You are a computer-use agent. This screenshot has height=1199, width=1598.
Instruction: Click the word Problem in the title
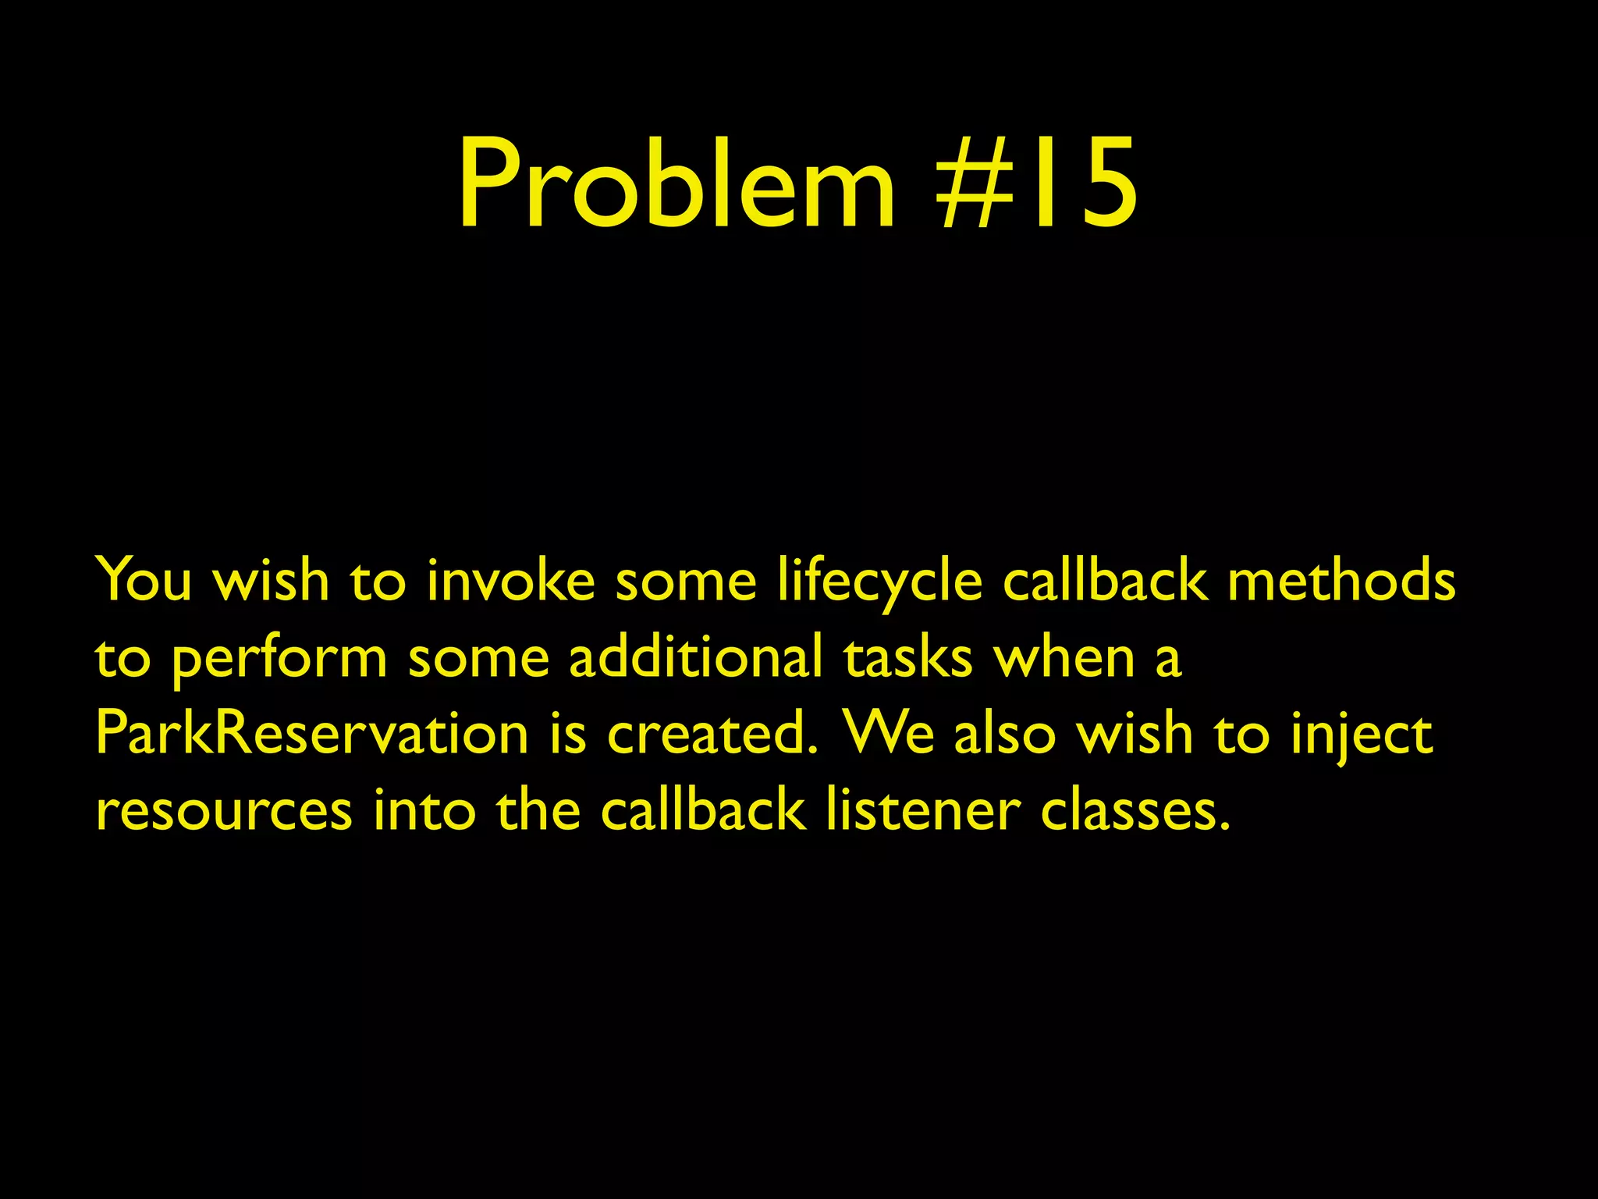tap(676, 184)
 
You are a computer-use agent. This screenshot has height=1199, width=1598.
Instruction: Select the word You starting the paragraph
tap(144, 581)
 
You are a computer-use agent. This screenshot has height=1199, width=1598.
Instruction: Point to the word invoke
tap(510, 581)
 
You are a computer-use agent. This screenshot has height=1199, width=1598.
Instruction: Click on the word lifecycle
tap(879, 581)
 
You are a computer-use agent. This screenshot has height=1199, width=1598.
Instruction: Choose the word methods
tap(1341, 581)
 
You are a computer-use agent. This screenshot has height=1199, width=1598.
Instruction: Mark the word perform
tap(279, 657)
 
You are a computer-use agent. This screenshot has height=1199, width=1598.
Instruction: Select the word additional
tap(695, 657)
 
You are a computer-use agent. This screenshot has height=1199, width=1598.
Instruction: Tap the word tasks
tap(908, 657)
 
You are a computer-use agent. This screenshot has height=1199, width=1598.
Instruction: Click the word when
tap(1064, 657)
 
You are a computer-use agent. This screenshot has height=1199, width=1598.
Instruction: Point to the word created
tap(713, 734)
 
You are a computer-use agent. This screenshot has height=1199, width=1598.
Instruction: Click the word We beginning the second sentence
tap(890, 734)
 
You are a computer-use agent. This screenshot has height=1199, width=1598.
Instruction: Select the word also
tap(1005, 734)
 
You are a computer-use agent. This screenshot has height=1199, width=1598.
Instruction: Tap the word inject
tap(1362, 734)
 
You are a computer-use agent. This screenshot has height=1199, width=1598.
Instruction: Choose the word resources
tap(224, 810)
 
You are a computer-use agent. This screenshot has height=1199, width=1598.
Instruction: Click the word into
tap(424, 810)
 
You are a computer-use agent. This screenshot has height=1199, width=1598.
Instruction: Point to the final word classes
tap(1135, 810)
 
